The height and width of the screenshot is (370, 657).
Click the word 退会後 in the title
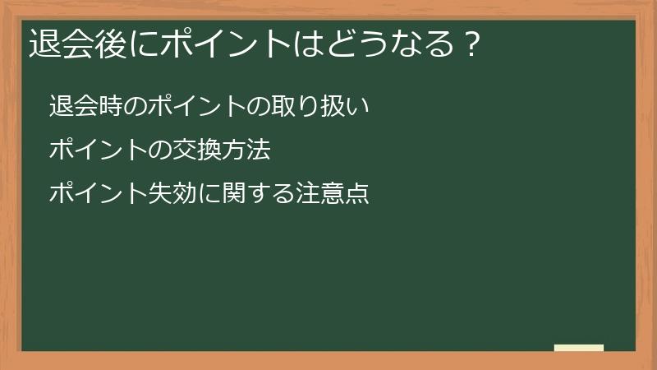68,44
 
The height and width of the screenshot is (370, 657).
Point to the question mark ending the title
470,44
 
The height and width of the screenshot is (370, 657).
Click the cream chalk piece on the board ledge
578,348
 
